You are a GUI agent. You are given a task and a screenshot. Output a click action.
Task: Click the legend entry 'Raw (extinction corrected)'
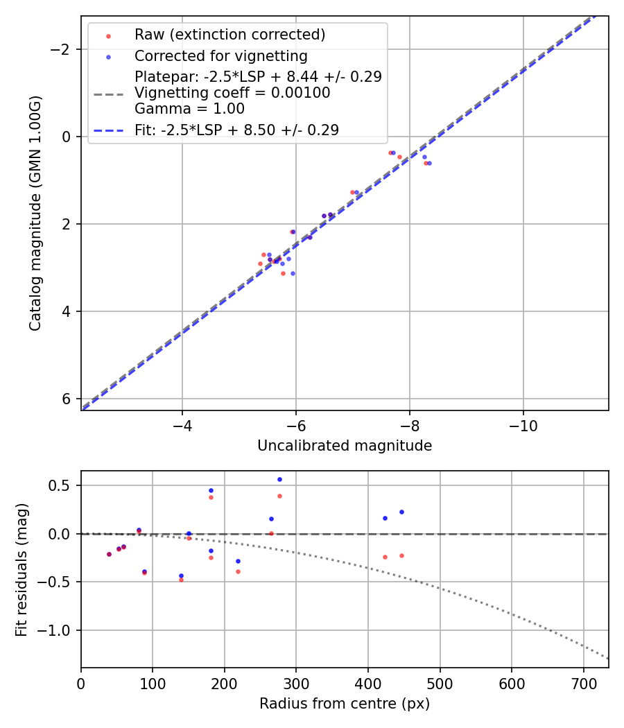point(229,35)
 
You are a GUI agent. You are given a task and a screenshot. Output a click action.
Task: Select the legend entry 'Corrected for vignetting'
point(220,55)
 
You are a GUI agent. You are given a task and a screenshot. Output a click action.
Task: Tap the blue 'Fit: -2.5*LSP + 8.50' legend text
point(236,130)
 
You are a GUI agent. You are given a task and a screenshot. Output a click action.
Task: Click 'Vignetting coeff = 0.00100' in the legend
point(232,93)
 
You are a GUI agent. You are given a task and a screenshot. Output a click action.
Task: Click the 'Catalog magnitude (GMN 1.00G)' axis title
point(35,213)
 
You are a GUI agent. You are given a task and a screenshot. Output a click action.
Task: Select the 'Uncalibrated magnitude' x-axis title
point(345,446)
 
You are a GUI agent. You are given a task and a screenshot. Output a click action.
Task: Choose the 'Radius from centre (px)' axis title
point(345,704)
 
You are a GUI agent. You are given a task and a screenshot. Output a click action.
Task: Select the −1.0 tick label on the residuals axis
point(60,630)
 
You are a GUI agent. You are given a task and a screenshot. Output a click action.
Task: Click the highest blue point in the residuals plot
point(279,479)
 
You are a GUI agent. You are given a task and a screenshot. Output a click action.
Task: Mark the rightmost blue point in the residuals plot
point(401,512)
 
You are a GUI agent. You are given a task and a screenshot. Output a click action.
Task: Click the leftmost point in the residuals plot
point(109,554)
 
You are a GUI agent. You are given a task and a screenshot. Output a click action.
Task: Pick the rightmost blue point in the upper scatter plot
point(429,163)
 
